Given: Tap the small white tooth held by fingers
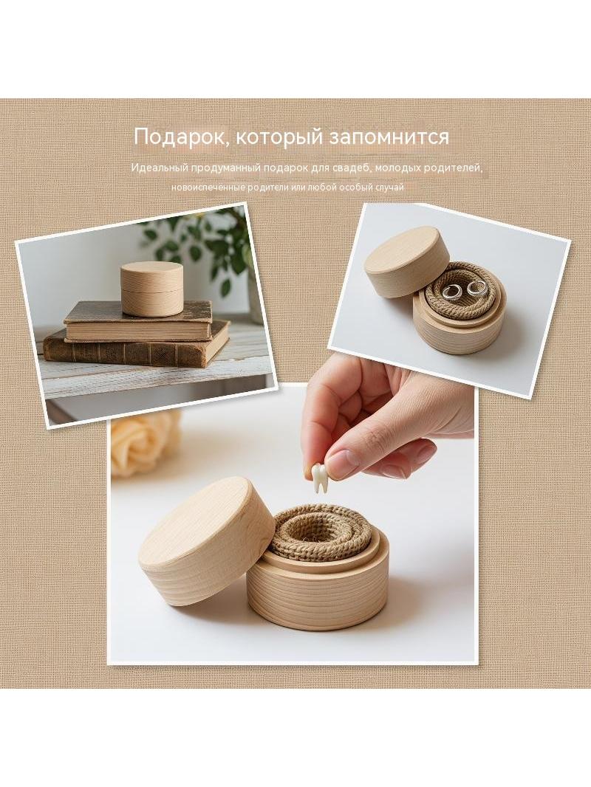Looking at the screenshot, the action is point(318,477).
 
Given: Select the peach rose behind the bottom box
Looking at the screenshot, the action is point(144,441).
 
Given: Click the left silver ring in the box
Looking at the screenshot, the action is point(451,291).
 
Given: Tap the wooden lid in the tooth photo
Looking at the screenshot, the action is point(206,541).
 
